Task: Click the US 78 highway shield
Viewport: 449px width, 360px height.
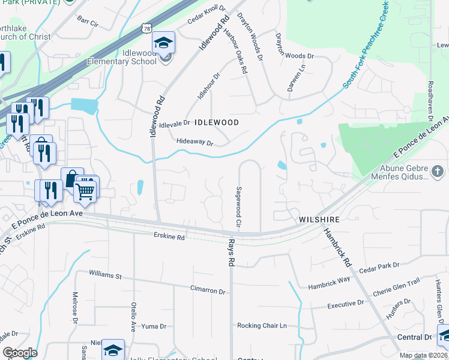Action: pos(146,28)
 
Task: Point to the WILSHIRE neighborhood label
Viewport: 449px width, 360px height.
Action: pos(319,220)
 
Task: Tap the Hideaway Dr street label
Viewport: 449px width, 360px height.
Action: pos(195,142)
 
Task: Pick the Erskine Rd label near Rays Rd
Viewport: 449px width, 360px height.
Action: pos(168,236)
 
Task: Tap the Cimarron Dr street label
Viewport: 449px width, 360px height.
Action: pos(208,291)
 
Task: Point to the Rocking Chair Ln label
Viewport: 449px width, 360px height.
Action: pos(262,326)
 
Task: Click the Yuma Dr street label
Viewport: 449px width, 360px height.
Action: pos(149,326)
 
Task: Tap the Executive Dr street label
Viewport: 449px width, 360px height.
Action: pos(346,305)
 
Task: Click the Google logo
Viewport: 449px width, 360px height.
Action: pos(20,353)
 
